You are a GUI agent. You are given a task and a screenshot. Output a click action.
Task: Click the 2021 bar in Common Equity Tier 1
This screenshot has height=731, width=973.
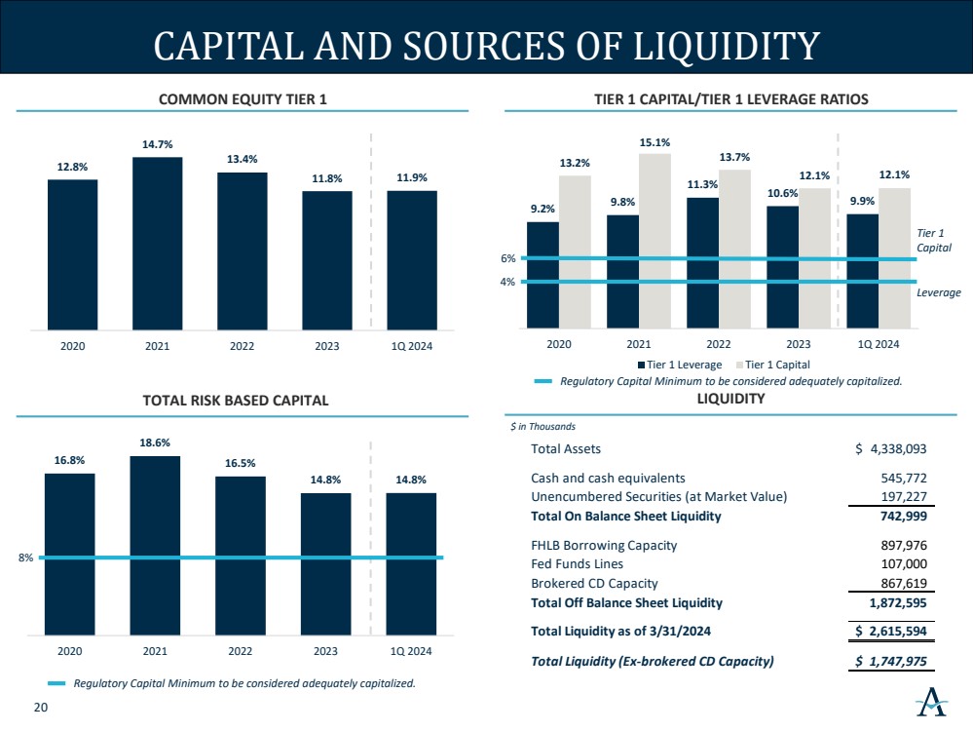pyautogui.click(x=157, y=243)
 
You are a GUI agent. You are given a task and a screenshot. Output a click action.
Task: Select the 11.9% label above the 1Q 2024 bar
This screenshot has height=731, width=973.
pyautogui.click(x=411, y=177)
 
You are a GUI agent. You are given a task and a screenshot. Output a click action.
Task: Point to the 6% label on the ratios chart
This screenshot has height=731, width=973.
pyautogui.click(x=507, y=258)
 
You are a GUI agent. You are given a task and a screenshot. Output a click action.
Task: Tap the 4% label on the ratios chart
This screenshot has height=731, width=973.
pyautogui.click(x=507, y=282)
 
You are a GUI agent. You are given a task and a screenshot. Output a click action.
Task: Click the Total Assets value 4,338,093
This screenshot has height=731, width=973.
pyautogui.click(x=890, y=449)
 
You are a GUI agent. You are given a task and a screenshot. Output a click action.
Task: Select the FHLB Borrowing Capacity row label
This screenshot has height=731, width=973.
pyautogui.click(x=604, y=545)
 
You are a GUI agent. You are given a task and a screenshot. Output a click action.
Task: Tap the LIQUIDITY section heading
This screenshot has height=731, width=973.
pyautogui.click(x=730, y=399)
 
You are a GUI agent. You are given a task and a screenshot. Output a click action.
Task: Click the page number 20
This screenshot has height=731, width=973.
pyautogui.click(x=40, y=709)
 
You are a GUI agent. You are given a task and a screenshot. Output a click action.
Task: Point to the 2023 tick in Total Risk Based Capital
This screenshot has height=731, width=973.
pyautogui.click(x=325, y=650)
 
